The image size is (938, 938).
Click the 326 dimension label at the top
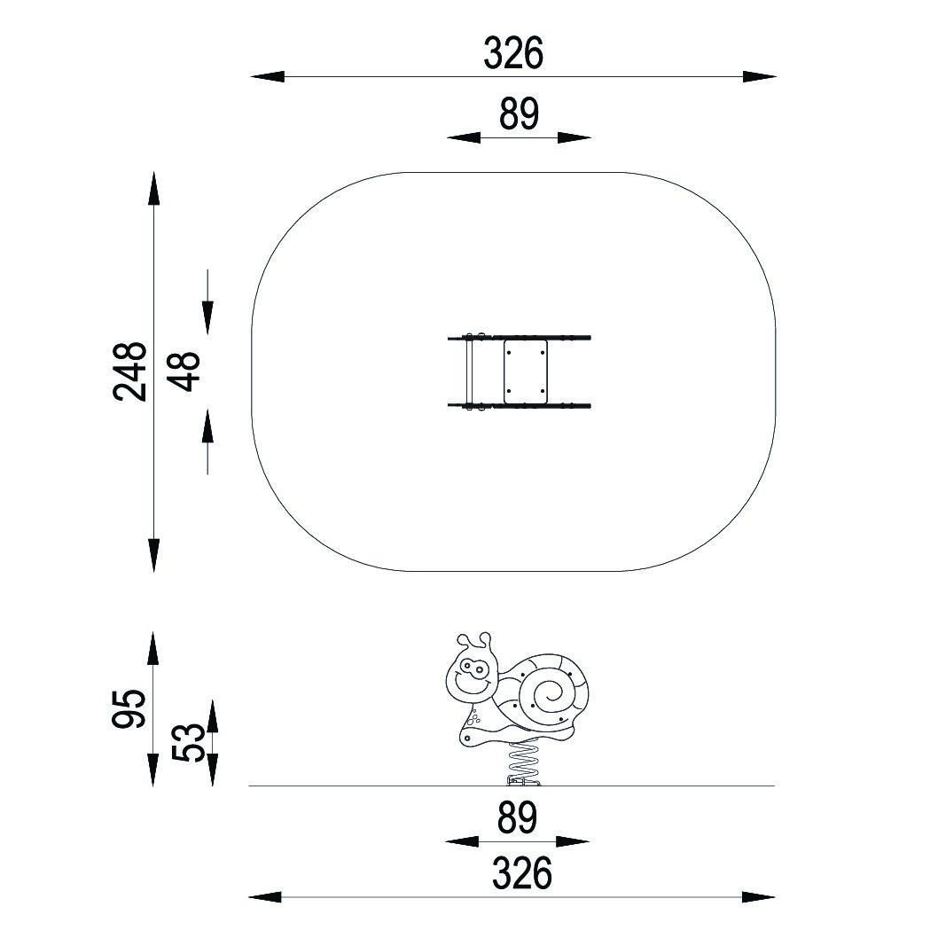513,52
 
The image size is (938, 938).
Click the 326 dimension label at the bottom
521,872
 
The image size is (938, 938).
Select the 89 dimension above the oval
519,113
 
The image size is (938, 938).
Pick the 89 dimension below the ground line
518,817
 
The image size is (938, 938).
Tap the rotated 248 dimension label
129,371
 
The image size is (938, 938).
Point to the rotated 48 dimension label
184,371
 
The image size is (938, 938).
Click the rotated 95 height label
129,708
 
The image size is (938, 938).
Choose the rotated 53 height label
189,742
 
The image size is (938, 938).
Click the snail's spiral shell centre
548,693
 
